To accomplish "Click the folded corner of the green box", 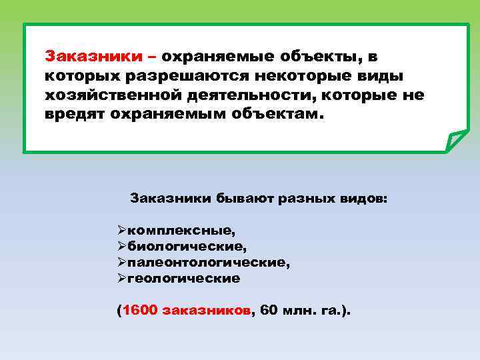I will click(457, 141).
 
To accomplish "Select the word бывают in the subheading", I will click(238, 199).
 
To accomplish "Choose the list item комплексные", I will click(181, 231).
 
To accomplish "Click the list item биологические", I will click(187, 247).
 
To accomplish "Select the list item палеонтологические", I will click(209, 263).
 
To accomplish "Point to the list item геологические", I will click(183, 279).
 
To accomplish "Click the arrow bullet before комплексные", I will click(121, 231).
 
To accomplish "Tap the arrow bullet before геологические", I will click(121, 279).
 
